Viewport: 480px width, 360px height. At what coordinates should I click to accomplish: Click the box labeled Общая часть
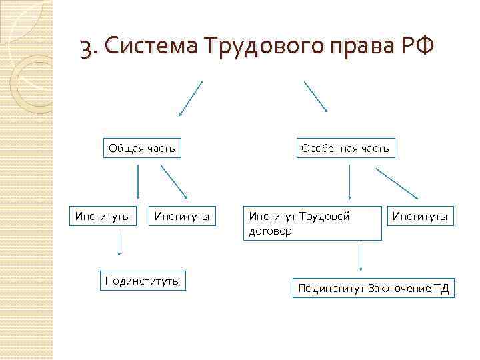tap(142, 148)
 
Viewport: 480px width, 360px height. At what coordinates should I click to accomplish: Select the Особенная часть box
tap(345, 148)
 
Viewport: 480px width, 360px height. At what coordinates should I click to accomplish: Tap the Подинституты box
tap(143, 281)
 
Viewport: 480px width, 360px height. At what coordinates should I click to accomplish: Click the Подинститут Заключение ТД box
tap(373, 288)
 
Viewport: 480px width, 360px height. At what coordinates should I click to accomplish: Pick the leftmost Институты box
tap(103, 216)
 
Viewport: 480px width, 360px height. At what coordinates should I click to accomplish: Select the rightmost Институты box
tap(419, 216)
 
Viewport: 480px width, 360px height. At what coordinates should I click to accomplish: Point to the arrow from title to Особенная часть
tap(316, 97)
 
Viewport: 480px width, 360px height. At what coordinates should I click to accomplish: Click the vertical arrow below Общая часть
tap(138, 182)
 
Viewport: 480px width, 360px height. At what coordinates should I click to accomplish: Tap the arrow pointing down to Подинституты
tap(119, 245)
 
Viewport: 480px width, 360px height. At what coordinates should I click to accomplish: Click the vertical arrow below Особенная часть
tap(351, 182)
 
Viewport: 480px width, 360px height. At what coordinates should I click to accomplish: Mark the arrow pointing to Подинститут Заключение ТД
tap(361, 258)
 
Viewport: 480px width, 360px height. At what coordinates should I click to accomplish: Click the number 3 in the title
tap(85, 48)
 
